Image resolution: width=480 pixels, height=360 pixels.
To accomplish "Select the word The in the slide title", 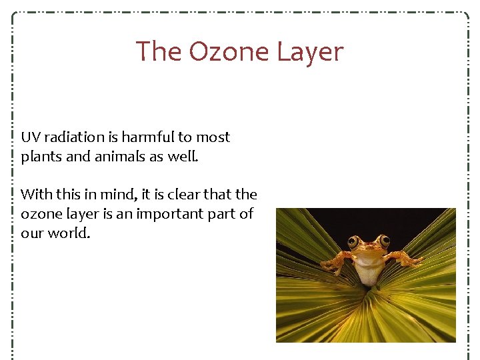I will [159, 52].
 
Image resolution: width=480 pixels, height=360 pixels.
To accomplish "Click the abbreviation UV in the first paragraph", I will [30, 137].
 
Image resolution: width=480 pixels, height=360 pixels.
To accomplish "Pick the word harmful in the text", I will [146, 137].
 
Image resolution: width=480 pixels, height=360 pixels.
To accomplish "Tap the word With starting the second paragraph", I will [35, 195].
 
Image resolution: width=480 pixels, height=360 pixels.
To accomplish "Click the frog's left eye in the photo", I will [353, 241].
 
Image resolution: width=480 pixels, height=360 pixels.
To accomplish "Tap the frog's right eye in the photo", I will [383, 241].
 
